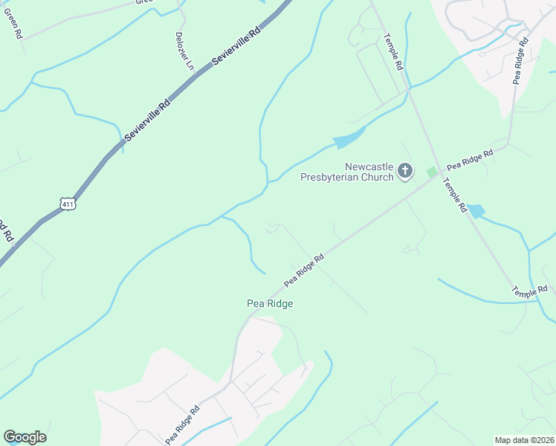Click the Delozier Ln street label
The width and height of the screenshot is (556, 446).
point(184,51)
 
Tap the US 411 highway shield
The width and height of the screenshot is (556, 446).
point(68,202)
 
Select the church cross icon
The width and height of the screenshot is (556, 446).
point(405,172)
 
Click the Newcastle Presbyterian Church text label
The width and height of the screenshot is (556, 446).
point(346,172)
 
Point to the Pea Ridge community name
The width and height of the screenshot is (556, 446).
point(270,303)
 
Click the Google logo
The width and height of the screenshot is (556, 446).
point(25,437)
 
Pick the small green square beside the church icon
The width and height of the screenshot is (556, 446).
point(432,172)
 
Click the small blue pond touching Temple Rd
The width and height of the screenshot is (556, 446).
point(474,211)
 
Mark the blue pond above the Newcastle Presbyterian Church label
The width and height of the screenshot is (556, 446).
point(349,138)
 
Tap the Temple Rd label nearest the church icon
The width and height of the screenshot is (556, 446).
point(453,194)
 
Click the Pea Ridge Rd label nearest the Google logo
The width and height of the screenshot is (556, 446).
point(182,424)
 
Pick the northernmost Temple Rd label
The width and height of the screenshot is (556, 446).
point(393,51)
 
